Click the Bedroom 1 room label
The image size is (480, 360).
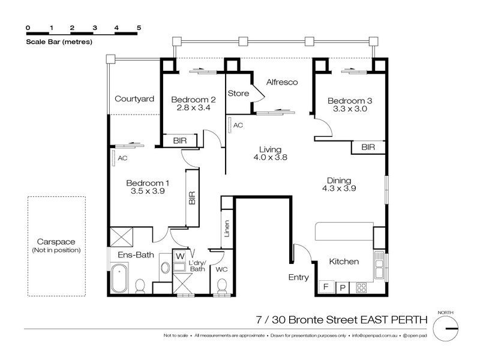pyautogui.click(x=148, y=183)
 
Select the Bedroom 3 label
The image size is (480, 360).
pyautogui.click(x=350, y=101)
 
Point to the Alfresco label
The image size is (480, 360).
pyautogui.click(x=282, y=82)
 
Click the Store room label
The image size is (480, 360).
pyautogui.click(x=238, y=94)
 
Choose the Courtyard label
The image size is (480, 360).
pyautogui.click(x=134, y=99)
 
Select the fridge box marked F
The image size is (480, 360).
pyautogui.click(x=326, y=287)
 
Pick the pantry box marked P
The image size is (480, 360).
pyautogui.click(x=343, y=287)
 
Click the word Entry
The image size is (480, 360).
pyautogui.click(x=299, y=277)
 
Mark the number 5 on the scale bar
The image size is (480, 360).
pyautogui.click(x=139, y=28)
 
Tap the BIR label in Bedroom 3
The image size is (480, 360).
pyautogui.click(x=368, y=147)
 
